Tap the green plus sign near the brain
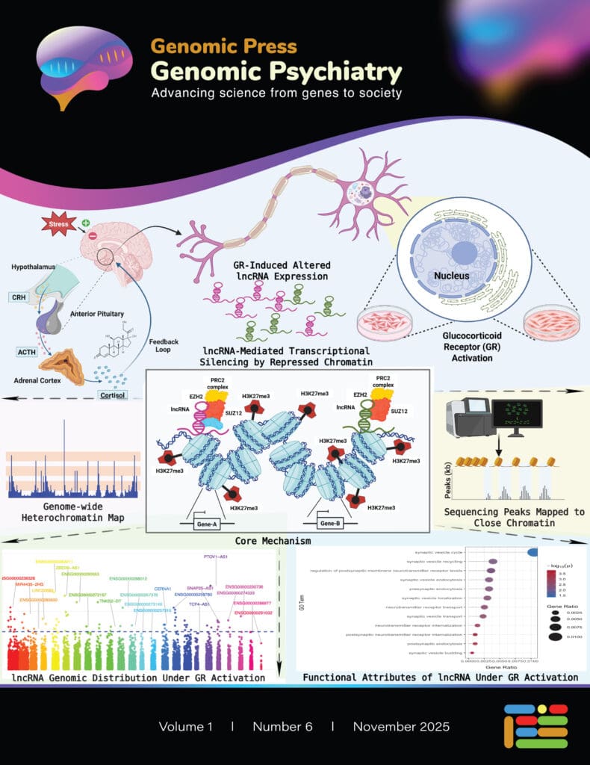[x=85, y=223]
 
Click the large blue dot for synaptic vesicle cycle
[x=533, y=552]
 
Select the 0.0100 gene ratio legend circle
[x=555, y=637]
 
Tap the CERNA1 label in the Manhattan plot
[x=163, y=589]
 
